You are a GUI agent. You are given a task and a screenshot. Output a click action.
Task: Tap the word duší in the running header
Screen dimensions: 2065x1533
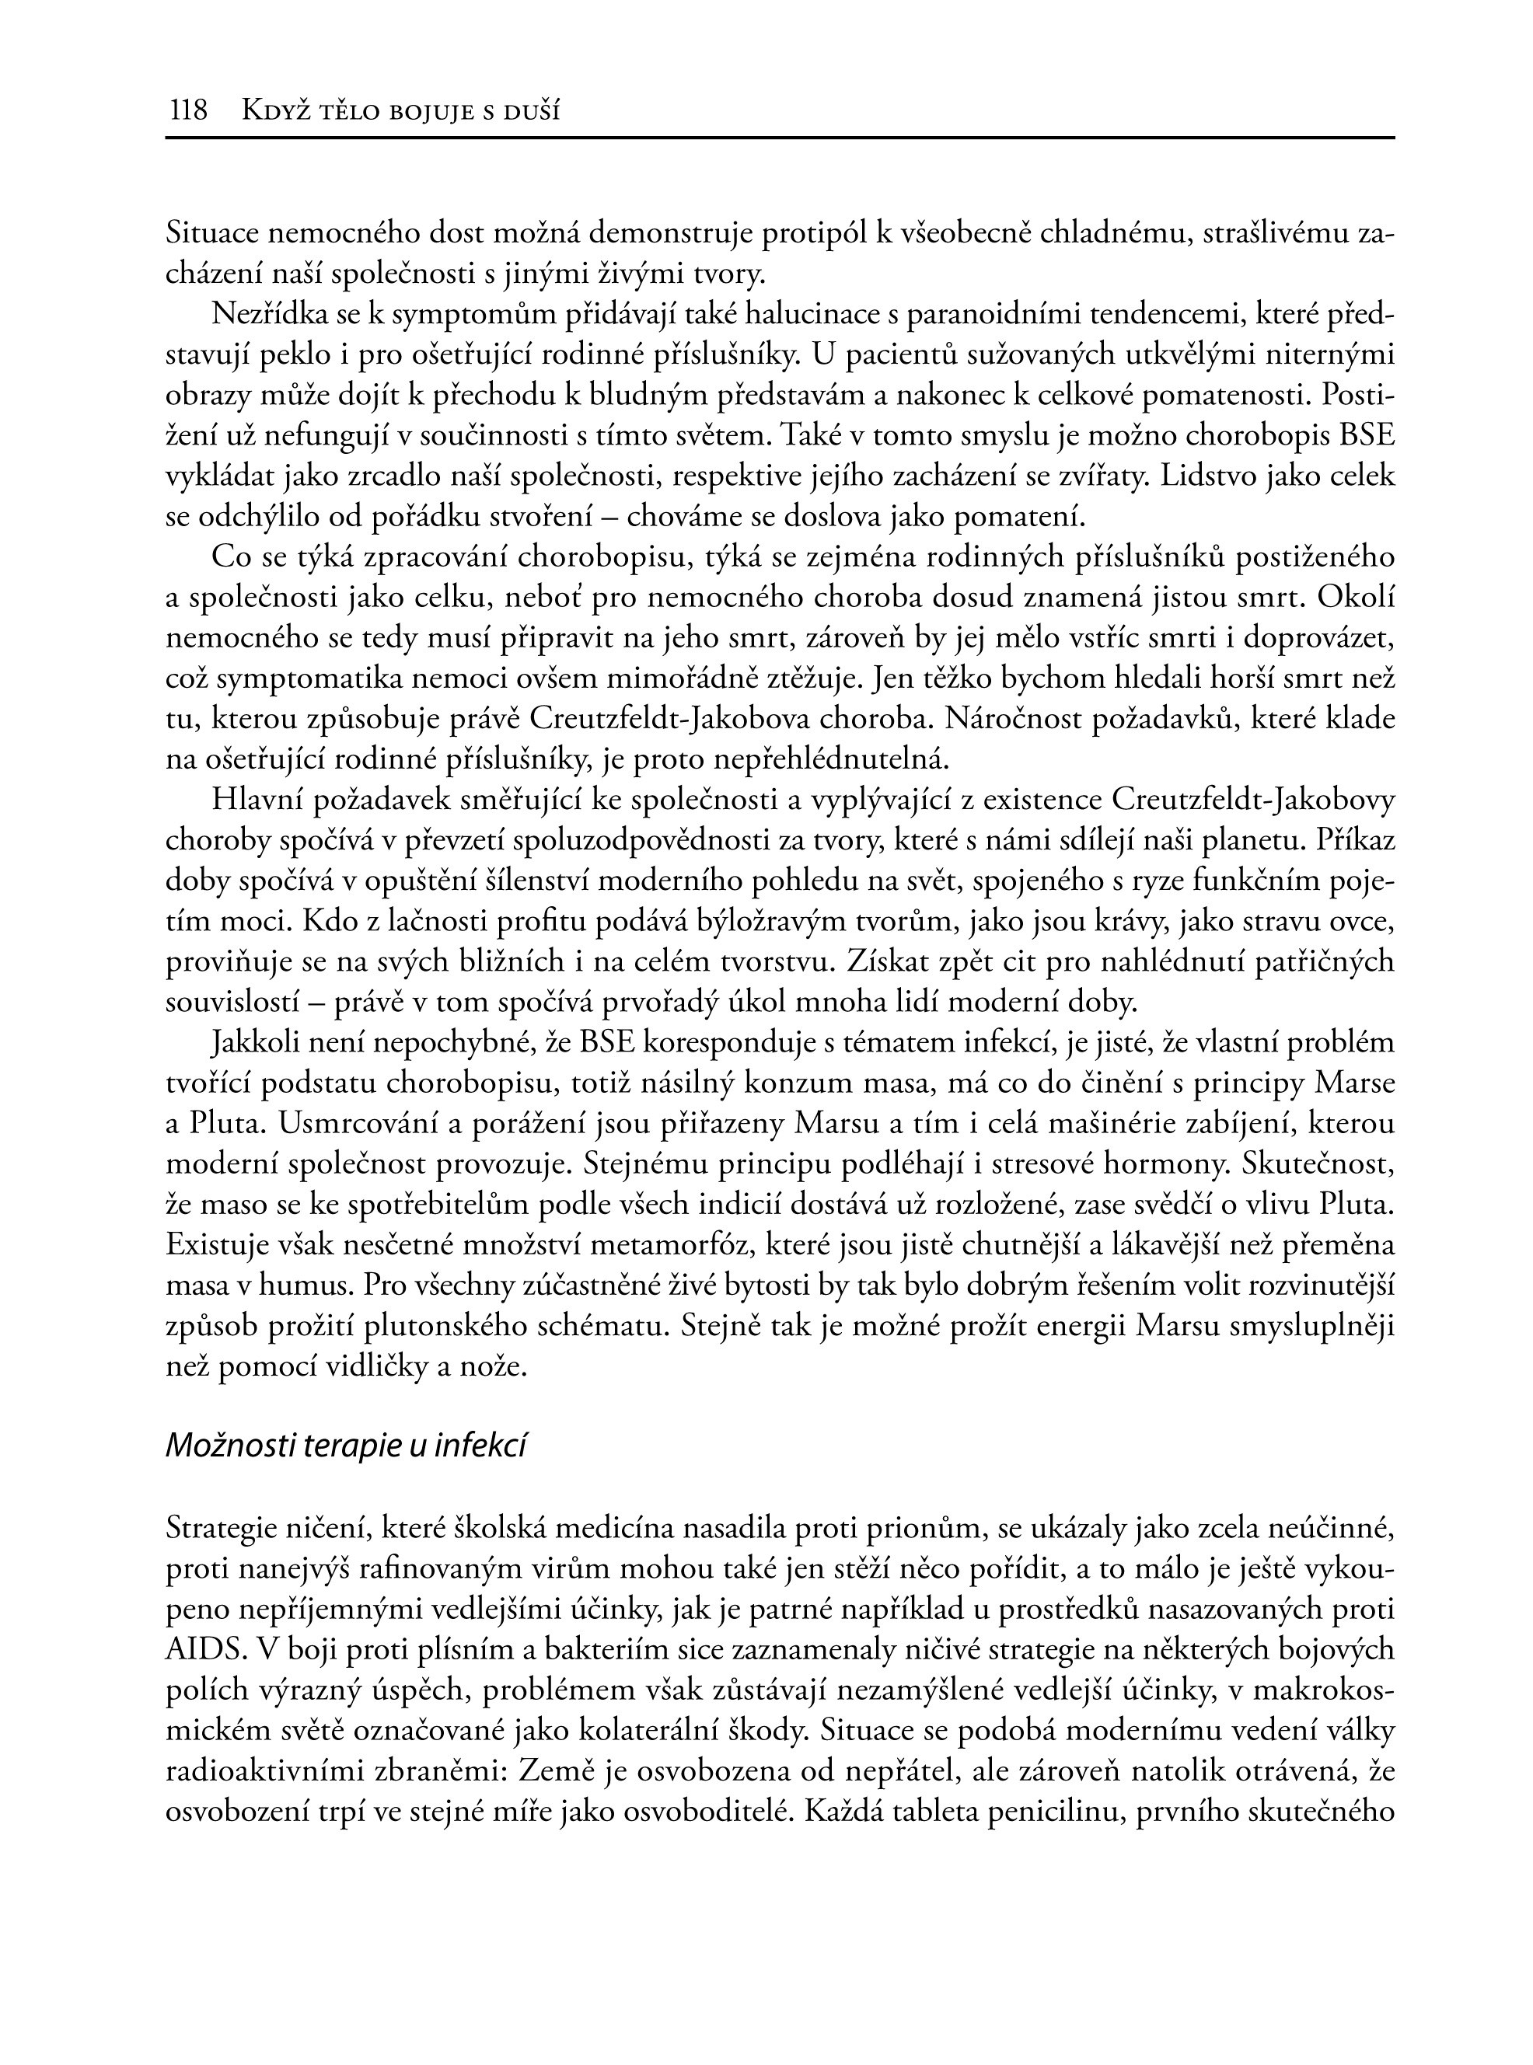(532, 112)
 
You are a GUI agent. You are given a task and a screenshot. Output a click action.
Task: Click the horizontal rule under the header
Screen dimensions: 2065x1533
(780, 138)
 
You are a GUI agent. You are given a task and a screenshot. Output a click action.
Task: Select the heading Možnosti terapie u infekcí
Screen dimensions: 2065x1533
(346, 1446)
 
